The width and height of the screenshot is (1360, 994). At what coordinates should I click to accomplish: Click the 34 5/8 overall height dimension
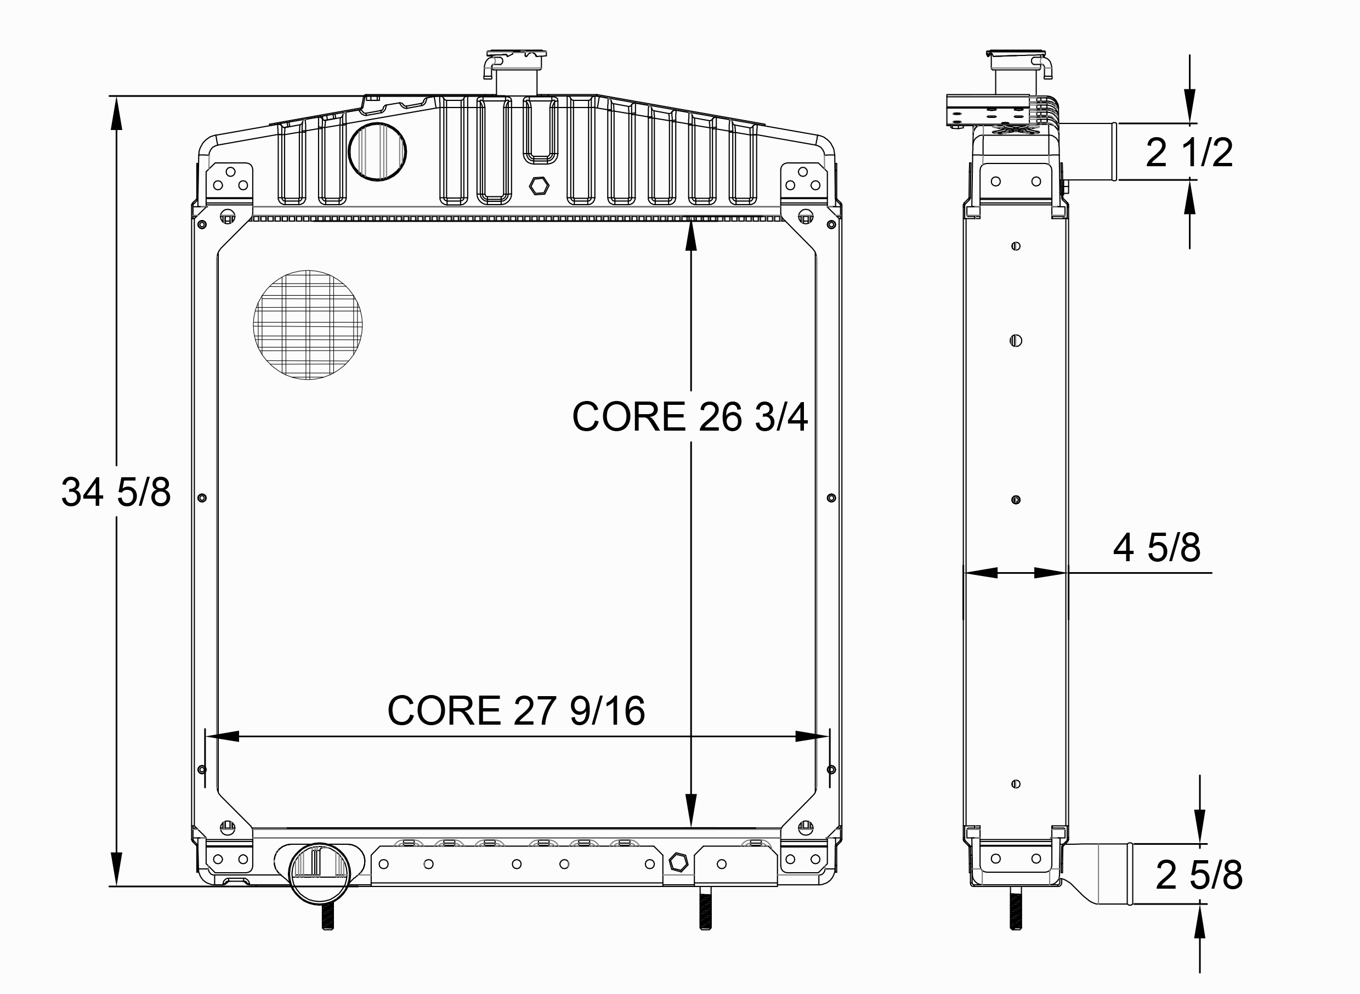pyautogui.click(x=116, y=492)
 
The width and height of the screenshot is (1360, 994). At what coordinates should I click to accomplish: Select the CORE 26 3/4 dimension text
pyautogui.click(x=689, y=416)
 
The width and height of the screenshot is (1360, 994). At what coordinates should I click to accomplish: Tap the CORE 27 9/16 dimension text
pyautogui.click(x=516, y=710)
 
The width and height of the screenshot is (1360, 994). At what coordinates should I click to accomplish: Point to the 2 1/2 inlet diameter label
pyautogui.click(x=1188, y=153)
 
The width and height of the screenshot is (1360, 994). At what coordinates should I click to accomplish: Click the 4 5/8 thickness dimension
pyautogui.click(x=1156, y=547)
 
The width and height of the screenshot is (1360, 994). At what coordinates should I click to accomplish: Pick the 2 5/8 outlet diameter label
pyautogui.click(x=1198, y=875)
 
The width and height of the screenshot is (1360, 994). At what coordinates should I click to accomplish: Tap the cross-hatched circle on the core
pyautogui.click(x=307, y=325)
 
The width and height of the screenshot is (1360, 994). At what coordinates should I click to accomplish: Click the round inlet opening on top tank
pyautogui.click(x=377, y=151)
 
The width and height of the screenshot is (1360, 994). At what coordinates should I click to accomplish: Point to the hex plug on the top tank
pyautogui.click(x=539, y=186)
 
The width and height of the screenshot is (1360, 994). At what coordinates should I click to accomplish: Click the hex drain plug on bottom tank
pyautogui.click(x=678, y=862)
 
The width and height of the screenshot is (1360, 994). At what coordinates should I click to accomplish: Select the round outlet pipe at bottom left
pyautogui.click(x=319, y=873)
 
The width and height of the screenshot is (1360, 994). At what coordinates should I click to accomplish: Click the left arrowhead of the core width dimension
pyautogui.click(x=223, y=736)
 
